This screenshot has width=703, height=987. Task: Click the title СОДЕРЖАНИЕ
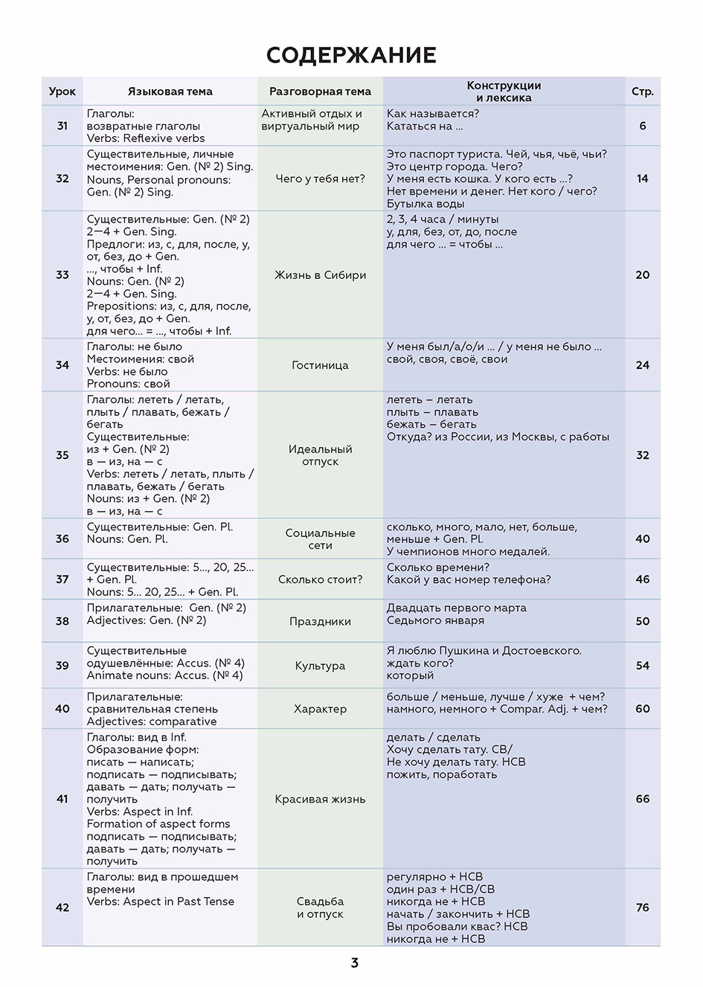351,55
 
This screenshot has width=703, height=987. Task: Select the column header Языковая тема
170,91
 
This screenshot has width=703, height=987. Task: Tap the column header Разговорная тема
320,91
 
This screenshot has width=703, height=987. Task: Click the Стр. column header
642,91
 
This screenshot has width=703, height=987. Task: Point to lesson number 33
62,274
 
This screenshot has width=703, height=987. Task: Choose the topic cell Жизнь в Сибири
320,274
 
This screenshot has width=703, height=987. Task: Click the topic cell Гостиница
320,365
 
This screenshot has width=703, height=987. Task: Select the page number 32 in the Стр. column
642,455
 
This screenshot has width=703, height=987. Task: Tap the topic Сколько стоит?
320,579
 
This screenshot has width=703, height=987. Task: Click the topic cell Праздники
320,621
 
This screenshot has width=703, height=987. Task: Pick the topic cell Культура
320,666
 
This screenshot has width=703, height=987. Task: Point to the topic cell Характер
320,709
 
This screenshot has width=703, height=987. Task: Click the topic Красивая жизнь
320,799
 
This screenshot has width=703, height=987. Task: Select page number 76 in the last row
642,907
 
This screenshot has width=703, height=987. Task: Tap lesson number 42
62,907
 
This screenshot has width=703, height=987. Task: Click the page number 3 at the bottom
354,962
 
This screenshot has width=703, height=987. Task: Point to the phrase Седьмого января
435,620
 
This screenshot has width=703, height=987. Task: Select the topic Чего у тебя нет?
320,179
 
